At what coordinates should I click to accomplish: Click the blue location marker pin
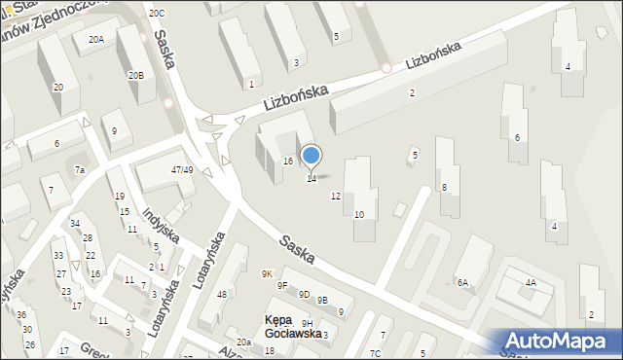click(x=311, y=156)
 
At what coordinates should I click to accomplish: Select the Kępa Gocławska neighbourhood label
click(x=292, y=326)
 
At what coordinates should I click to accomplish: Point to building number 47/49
click(x=181, y=169)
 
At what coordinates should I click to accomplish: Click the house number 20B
click(x=135, y=75)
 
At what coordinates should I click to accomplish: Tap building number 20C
click(x=157, y=13)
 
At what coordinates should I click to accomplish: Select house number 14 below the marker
click(x=311, y=179)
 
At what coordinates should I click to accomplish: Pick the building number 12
click(x=336, y=197)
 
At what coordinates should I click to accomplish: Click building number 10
click(x=359, y=214)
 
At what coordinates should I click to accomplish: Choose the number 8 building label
click(x=444, y=187)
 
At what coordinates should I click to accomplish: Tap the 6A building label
click(x=462, y=283)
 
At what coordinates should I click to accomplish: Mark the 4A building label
click(x=531, y=283)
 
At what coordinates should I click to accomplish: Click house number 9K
click(x=267, y=274)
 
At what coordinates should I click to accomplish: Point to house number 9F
click(x=282, y=286)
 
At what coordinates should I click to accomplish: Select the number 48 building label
click(x=221, y=295)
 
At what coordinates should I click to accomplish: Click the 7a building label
click(x=80, y=170)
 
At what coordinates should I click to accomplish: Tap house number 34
click(x=74, y=224)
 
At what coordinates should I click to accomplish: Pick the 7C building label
click(x=376, y=352)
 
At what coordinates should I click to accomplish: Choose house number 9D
click(x=304, y=294)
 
